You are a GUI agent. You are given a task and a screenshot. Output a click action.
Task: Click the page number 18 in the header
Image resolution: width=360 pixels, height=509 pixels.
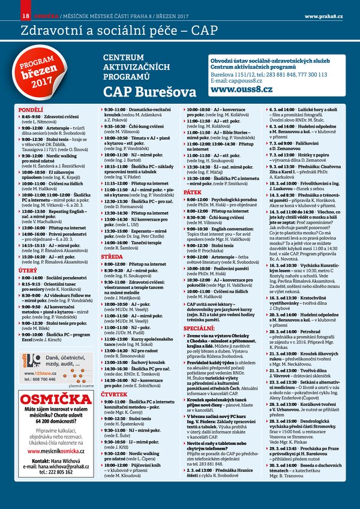point(25,14)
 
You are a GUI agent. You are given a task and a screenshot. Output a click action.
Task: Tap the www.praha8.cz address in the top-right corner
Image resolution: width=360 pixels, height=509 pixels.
point(324,14)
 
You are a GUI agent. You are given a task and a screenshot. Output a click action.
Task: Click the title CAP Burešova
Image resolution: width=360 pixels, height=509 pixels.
point(149,92)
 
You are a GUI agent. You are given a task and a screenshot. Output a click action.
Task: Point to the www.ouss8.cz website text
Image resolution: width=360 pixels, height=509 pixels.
point(241,90)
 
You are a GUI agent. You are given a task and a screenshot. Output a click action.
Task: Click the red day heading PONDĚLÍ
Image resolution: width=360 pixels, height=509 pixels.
point(31,110)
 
